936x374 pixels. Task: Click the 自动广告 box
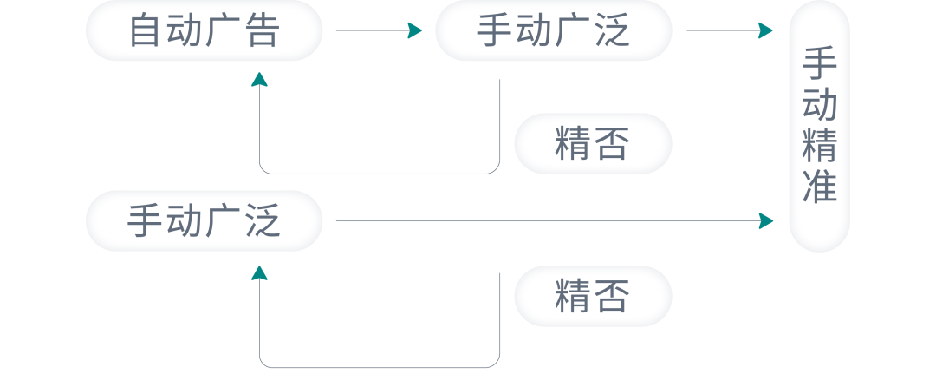coord(204,31)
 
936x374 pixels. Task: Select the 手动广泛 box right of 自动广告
coord(553,31)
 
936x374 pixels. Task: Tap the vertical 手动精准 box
coord(819,126)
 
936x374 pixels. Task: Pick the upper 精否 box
coord(592,143)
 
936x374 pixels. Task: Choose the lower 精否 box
coord(592,296)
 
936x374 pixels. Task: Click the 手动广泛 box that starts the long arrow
coord(204,221)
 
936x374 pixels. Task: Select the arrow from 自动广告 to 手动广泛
coord(378,31)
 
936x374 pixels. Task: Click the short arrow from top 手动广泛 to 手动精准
coord(729,31)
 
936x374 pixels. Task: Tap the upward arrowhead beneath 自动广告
coord(259,80)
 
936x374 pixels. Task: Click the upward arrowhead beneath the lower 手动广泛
coord(259,273)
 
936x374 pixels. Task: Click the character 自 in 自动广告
coord(146,31)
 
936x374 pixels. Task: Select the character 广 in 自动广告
coord(223,31)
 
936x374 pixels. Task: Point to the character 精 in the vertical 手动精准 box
coord(819,146)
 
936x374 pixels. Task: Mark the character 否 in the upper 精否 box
coord(611,143)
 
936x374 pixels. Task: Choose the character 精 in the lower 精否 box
coord(573,296)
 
